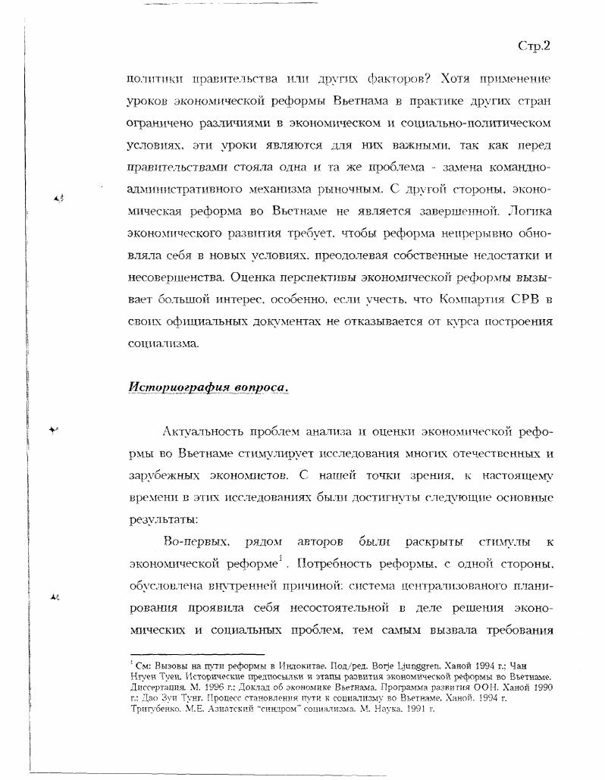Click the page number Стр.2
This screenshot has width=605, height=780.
pyautogui.click(x=534, y=45)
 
